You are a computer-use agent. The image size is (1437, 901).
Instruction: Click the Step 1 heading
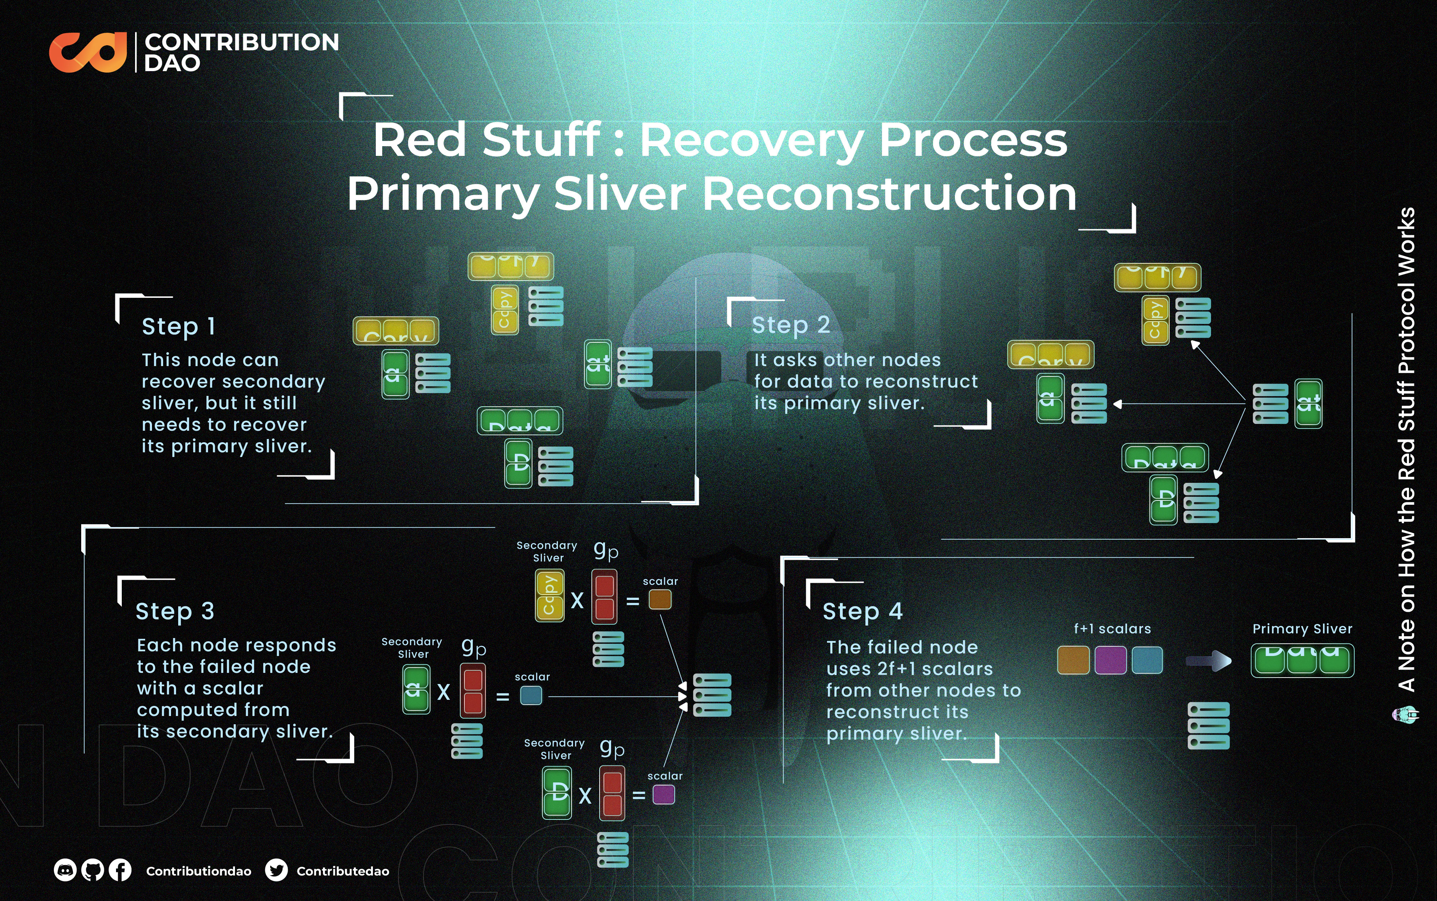point(178,327)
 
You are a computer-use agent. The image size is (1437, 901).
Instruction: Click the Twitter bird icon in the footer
point(276,870)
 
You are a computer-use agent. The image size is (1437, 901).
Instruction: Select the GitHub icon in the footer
point(92,870)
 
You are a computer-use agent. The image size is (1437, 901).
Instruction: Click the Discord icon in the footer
point(65,870)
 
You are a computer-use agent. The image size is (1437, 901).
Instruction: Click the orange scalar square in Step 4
point(1073,660)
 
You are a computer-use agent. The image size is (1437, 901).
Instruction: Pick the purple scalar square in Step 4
point(1110,660)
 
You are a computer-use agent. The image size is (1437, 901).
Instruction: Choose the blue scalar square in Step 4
point(1147,660)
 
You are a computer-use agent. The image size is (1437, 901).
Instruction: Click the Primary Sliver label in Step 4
point(1302,629)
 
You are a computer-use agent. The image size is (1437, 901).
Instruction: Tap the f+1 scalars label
point(1112,629)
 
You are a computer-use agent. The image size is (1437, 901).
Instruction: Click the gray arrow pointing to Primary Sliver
point(1208,660)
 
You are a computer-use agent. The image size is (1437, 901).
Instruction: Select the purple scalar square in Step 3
point(663,794)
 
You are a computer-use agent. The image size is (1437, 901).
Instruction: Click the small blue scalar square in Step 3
point(531,696)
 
